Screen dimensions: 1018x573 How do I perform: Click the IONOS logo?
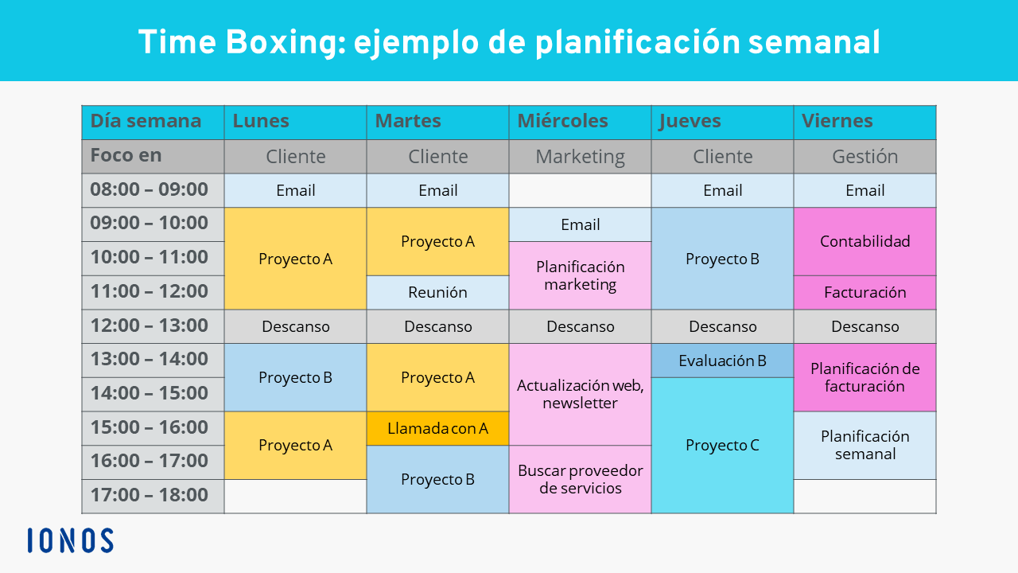click(71, 540)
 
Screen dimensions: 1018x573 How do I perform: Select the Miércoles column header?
click(580, 123)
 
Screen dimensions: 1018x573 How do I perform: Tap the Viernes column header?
click(865, 123)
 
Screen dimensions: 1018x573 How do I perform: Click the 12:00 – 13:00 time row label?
click(153, 326)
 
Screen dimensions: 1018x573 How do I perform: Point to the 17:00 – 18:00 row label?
click(153, 496)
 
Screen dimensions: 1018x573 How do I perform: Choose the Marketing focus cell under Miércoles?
click(580, 157)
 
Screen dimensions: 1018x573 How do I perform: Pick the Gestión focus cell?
click(865, 157)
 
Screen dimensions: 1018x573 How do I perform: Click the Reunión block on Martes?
click(437, 292)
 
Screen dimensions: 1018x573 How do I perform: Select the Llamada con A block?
click(437, 428)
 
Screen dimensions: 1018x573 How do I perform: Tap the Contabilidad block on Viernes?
click(865, 241)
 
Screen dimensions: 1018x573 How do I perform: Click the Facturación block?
click(865, 292)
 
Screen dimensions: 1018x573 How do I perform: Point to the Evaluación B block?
click(723, 361)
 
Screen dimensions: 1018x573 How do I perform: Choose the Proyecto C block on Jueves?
click(723, 445)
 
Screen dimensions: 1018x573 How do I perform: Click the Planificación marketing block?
click(580, 275)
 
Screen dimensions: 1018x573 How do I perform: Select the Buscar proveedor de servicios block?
click(580, 479)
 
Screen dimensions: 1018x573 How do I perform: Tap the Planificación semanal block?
click(865, 445)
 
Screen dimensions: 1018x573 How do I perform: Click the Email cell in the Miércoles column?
click(580, 224)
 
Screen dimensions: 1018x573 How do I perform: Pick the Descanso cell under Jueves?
click(723, 326)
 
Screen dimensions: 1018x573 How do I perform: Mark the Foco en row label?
click(153, 157)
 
